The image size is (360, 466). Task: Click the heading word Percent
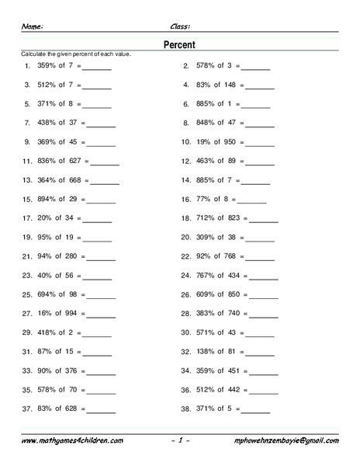[x=179, y=45]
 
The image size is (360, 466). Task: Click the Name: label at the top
[x=33, y=25]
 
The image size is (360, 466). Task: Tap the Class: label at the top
[x=180, y=25]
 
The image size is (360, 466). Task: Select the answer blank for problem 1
[x=97, y=68]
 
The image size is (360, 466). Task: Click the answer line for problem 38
[x=256, y=409]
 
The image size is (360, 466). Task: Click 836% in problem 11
[x=47, y=162]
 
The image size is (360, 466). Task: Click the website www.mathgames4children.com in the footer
[x=71, y=440]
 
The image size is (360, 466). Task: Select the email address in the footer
[x=286, y=440]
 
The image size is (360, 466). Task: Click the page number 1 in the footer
[x=179, y=440]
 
